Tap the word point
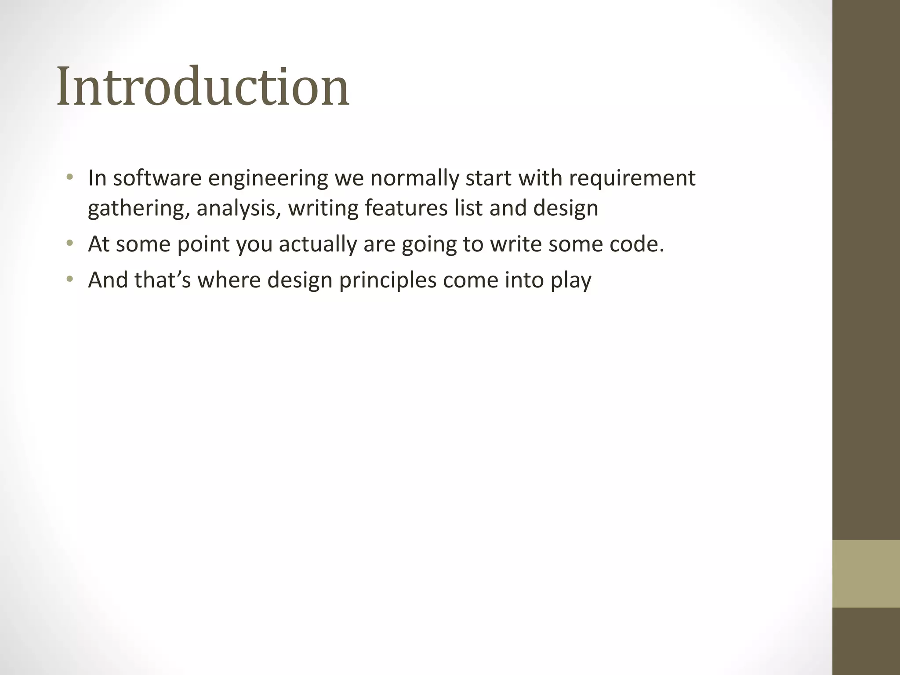(203, 245)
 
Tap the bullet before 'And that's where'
(69, 280)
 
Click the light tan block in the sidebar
(866, 573)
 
